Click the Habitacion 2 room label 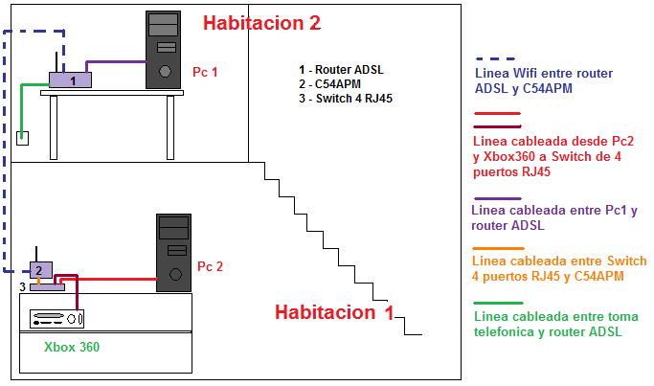(x=261, y=22)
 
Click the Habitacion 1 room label (x=334, y=312)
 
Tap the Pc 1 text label (x=206, y=72)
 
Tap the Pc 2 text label (x=210, y=266)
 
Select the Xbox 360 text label (x=71, y=347)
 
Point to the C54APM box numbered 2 (x=40, y=270)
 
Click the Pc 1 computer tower (x=164, y=50)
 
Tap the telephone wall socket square (x=22, y=138)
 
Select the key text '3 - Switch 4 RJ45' (x=346, y=98)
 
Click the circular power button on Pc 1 (x=166, y=72)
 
